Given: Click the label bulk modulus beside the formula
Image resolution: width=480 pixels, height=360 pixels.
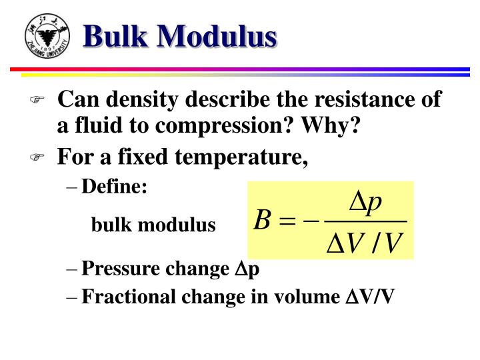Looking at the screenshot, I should point(153,225).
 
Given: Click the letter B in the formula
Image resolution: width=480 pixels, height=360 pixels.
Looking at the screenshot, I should point(261,220).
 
